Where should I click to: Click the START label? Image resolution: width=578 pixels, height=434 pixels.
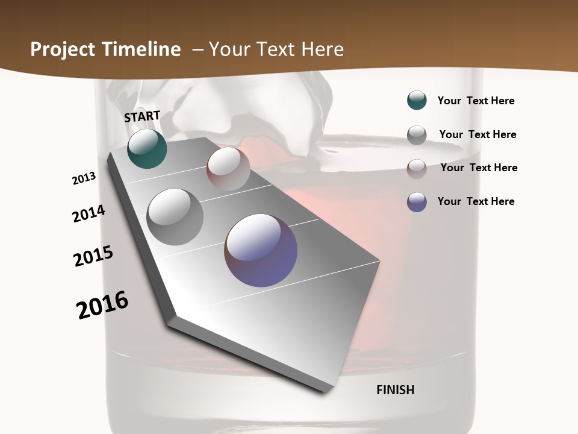click(x=142, y=116)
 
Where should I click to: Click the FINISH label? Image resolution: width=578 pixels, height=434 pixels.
click(x=396, y=390)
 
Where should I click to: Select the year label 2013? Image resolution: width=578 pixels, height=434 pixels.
click(x=84, y=178)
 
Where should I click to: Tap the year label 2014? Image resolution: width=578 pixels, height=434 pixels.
click(x=89, y=214)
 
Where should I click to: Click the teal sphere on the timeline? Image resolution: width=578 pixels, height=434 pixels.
click(x=147, y=148)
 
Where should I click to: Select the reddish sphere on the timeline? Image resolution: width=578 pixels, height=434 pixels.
click(x=228, y=169)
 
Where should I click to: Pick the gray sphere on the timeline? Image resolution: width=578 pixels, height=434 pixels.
click(x=175, y=216)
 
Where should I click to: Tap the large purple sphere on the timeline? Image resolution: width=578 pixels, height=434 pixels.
click(x=261, y=250)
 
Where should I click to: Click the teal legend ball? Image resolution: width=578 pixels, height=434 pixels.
click(x=417, y=100)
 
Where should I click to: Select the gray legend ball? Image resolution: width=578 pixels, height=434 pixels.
click(x=417, y=135)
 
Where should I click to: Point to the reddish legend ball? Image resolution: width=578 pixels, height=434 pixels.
click(x=417, y=169)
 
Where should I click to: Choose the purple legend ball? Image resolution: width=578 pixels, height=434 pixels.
click(x=417, y=202)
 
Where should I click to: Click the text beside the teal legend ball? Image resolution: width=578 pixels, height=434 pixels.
click(x=476, y=101)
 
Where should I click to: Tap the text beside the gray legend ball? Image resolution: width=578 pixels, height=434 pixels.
click(x=477, y=134)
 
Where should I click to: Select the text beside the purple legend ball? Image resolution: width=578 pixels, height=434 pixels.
click(x=476, y=201)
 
